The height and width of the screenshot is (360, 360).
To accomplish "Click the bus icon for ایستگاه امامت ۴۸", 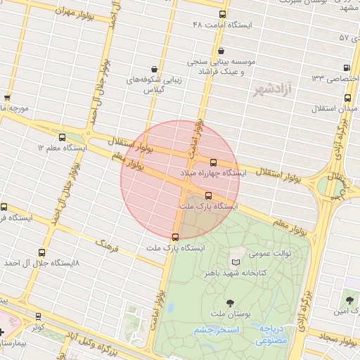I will pyautogui.click(x=223, y=14).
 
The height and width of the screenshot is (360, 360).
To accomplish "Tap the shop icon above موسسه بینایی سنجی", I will pyautogui.click(x=222, y=51).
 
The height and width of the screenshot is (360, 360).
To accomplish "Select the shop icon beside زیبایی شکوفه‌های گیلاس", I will pyautogui.click(x=144, y=69).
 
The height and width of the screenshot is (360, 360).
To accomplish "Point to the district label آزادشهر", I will pyautogui.click(x=272, y=90).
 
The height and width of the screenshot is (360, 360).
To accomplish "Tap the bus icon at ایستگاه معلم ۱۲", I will pyautogui.click(x=62, y=138).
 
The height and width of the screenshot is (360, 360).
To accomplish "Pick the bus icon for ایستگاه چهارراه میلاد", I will pyautogui.click(x=214, y=162).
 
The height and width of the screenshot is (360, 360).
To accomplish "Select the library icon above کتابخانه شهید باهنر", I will pyautogui.click(x=235, y=262).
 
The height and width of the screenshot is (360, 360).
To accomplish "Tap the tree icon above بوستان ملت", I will pyautogui.click(x=231, y=304).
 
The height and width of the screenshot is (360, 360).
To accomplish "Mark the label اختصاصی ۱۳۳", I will pyautogui.click(x=335, y=78).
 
